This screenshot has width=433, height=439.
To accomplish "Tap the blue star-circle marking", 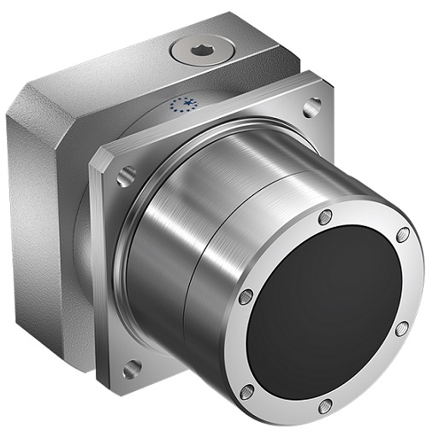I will [x=182, y=104].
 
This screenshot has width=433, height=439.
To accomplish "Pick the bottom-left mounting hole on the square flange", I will [x=131, y=368].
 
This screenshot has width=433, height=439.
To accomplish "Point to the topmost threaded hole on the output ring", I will [x=324, y=217].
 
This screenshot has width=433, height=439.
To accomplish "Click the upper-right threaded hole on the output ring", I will [x=402, y=234].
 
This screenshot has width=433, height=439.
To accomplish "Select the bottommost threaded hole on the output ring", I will [x=324, y=406].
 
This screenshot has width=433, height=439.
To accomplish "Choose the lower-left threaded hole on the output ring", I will [x=247, y=391].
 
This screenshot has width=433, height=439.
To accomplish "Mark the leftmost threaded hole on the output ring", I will [x=246, y=297].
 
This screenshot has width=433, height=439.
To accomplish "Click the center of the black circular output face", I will [x=325, y=312].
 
